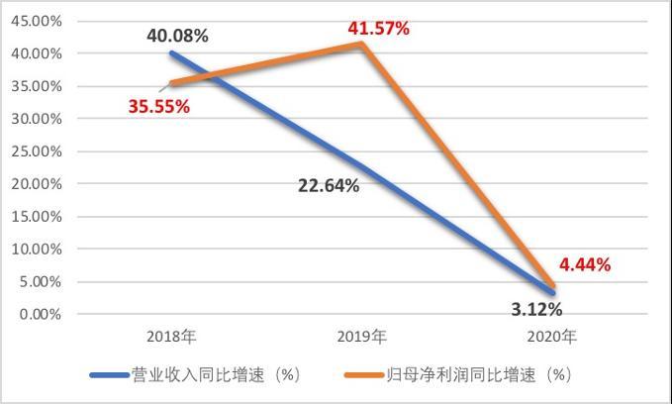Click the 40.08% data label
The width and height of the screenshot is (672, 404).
[177, 36]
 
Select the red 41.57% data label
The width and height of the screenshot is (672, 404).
[378, 29]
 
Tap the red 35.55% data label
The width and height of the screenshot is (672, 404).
[159, 106]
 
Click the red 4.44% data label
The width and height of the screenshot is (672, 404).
[585, 264]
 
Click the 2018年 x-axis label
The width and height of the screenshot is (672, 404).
[171, 338]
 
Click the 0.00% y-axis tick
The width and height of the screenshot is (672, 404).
[40, 314]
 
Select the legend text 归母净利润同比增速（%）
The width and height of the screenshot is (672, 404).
[479, 375]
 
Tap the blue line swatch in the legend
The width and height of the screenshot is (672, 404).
[108, 375]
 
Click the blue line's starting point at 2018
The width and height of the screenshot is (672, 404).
[171, 53]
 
